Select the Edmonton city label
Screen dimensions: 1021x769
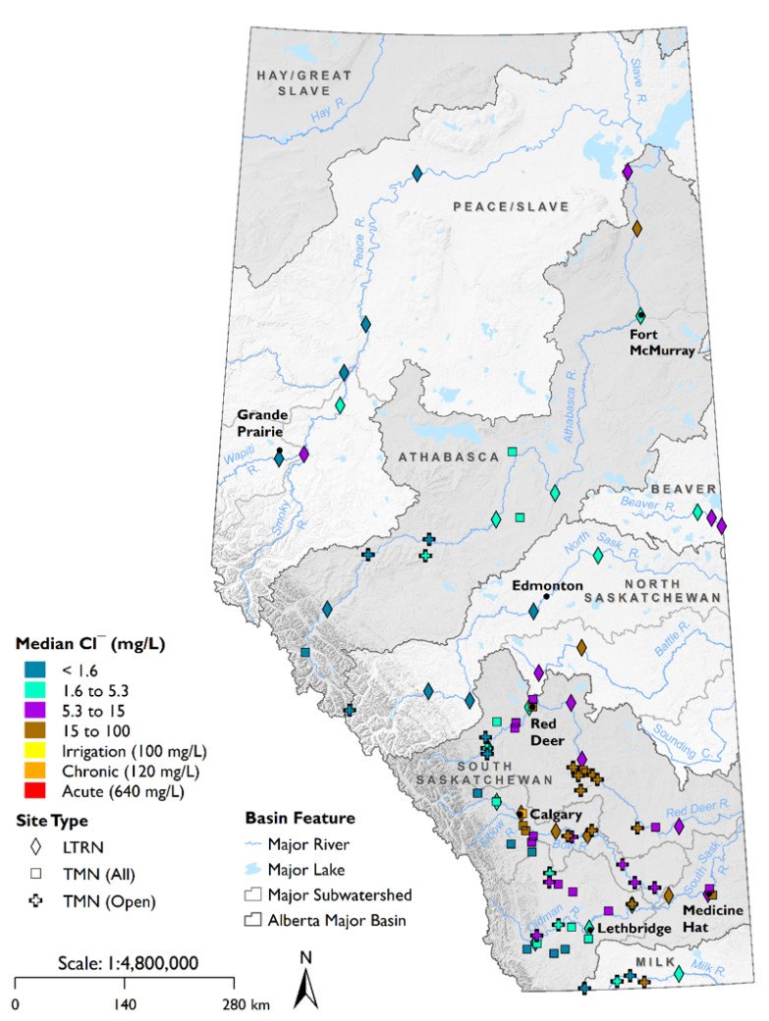pyautogui.click(x=545, y=585)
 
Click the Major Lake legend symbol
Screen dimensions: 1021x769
pyautogui.click(x=254, y=869)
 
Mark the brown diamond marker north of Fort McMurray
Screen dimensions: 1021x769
pyautogui.click(x=636, y=229)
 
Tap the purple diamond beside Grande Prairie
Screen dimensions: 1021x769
pyautogui.click(x=303, y=455)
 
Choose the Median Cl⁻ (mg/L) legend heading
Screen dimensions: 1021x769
pyautogui.click(x=89, y=644)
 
